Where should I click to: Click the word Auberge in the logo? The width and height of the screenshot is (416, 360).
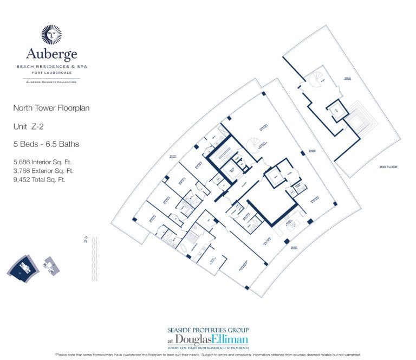coord(51,54)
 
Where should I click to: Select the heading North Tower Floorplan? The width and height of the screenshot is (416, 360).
coord(51,108)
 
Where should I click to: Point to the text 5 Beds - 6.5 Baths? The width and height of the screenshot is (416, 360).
coord(46,144)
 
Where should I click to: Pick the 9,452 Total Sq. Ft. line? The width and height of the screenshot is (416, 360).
coord(39,179)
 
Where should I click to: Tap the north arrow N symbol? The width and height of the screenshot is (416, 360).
coord(86,242)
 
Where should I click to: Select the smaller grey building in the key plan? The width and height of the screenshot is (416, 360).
coord(50,265)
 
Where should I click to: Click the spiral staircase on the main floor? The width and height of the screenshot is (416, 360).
coord(253,144)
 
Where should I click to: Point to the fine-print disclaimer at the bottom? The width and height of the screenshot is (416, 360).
coord(208,355)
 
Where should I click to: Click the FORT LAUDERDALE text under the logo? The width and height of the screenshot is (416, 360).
coord(51,72)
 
